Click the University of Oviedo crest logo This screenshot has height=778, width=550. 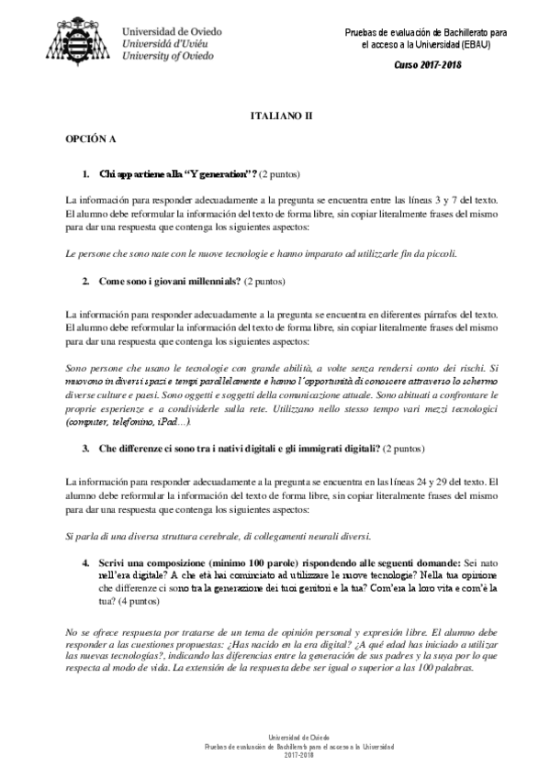pyautogui.click(x=81, y=39)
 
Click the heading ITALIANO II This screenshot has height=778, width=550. pyautogui.click(x=282, y=117)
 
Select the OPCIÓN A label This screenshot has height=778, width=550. pyautogui.click(x=90, y=140)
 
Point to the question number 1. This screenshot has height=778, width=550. pyautogui.click(x=85, y=173)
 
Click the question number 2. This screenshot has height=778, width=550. pyautogui.click(x=85, y=280)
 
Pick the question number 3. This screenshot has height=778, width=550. pyautogui.click(x=85, y=449)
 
